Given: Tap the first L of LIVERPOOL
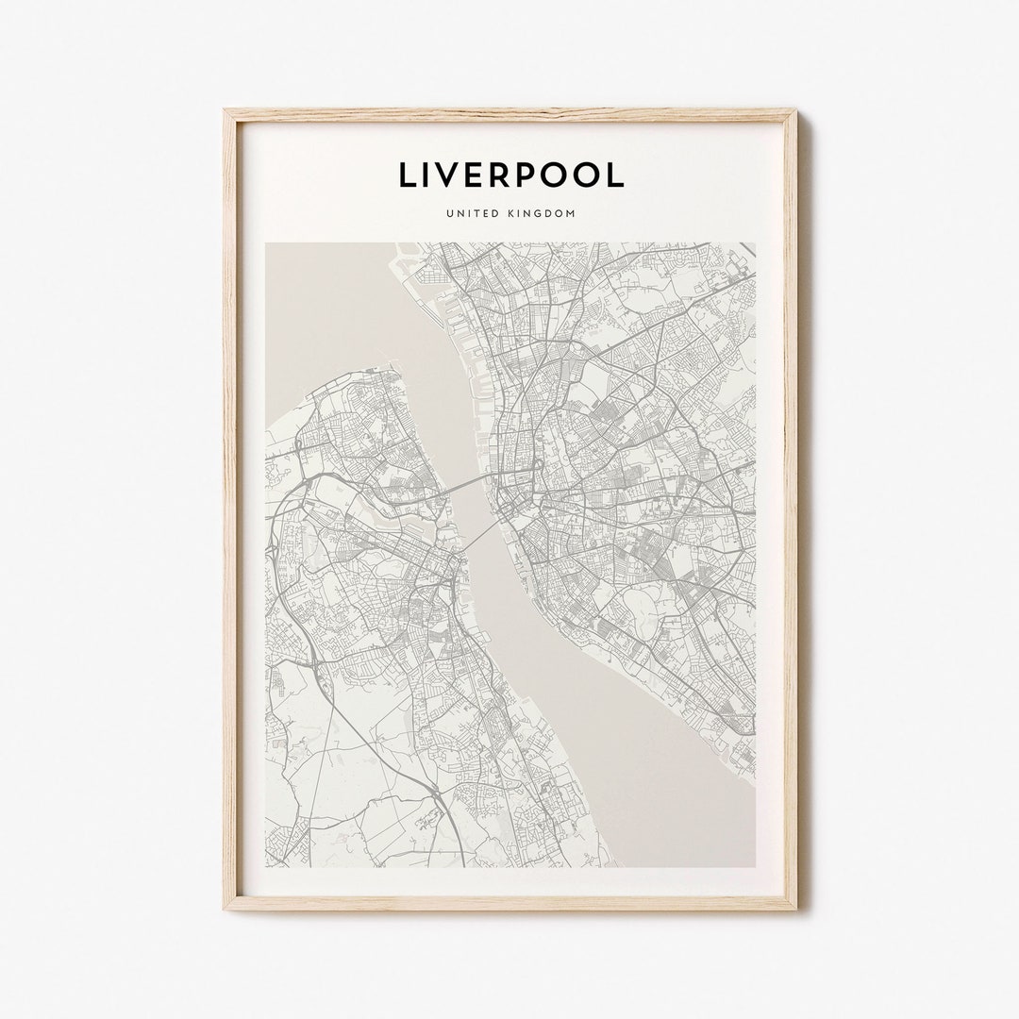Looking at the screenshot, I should click(x=407, y=175).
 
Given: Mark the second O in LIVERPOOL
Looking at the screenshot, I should click(x=589, y=175).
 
